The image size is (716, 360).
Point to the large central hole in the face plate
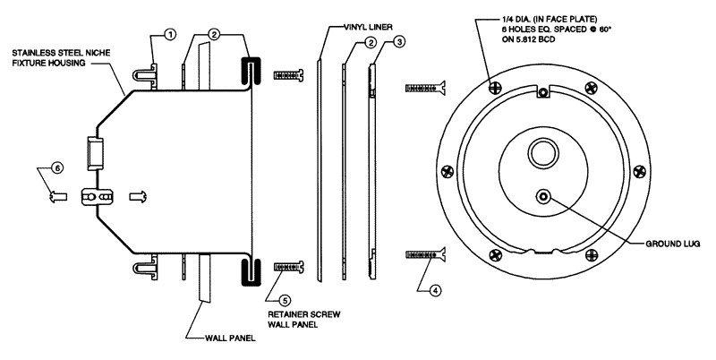pyautogui.click(x=542, y=150)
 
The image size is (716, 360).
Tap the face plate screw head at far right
pyautogui.click(x=637, y=168)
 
